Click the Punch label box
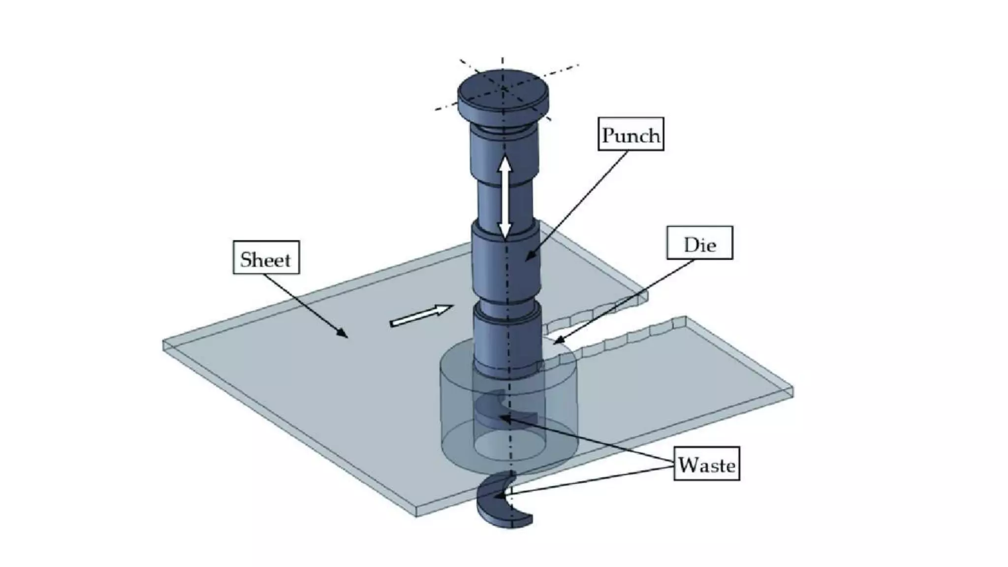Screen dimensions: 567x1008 click(630, 134)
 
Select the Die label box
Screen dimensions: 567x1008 click(699, 243)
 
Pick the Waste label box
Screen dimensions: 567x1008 click(706, 464)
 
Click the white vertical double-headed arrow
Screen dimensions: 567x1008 click(504, 197)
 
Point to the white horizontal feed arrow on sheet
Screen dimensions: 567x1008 click(421, 316)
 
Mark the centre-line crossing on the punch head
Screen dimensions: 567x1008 click(503, 89)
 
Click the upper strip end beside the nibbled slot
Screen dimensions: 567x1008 click(642, 295)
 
